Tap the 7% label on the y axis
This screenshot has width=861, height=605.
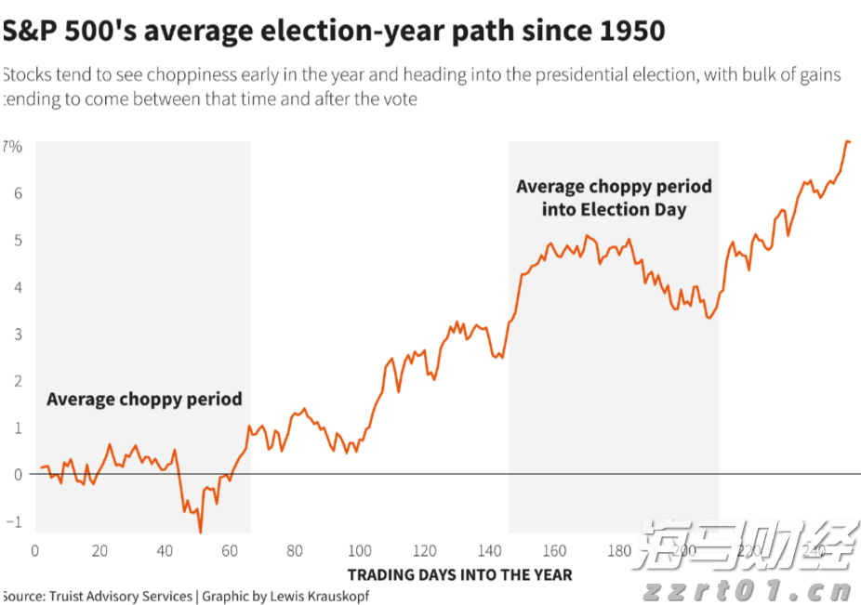coord(12,146)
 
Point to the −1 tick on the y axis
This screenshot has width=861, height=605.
coord(13,521)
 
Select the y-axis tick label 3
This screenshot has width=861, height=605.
coord(17,334)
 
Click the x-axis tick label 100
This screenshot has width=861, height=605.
coord(359,549)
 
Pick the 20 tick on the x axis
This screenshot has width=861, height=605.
coord(99,549)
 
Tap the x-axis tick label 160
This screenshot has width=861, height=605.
coord(554,549)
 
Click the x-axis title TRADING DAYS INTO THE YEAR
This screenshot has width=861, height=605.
coord(460,574)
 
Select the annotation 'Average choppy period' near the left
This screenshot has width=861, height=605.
coord(144,400)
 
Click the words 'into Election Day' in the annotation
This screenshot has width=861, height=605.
coord(614,210)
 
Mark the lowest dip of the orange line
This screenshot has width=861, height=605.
coord(200,532)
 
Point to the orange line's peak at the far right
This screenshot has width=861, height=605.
coord(847,141)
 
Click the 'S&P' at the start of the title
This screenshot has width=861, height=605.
coord(26,32)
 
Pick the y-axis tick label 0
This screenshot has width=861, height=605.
coord(17,474)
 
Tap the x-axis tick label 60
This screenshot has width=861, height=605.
coord(230,549)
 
